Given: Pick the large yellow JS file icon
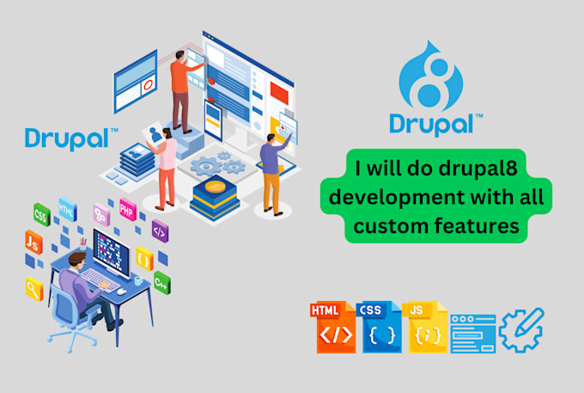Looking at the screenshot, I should (427, 328).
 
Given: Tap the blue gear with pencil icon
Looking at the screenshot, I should (521, 329).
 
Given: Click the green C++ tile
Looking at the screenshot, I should (161, 280).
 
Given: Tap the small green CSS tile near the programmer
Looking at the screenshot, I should (40, 213).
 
